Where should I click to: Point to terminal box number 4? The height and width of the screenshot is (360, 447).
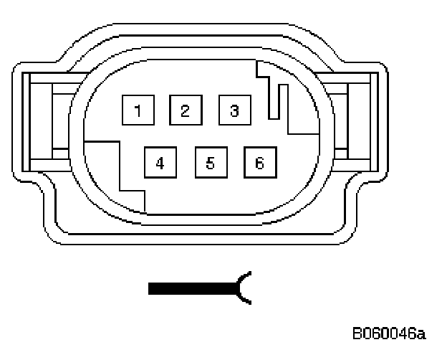160,162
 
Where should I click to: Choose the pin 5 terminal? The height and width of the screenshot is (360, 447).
210,162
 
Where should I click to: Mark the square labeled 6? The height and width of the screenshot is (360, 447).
259,162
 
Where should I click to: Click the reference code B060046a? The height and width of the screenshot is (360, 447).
389,333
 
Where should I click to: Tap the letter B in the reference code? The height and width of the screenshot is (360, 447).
357,333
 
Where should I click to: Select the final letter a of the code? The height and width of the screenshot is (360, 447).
422,334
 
